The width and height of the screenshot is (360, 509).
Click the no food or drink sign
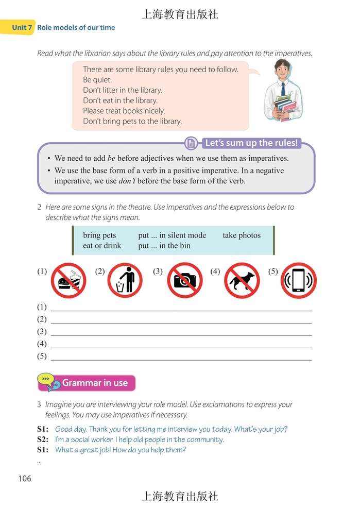[68, 281]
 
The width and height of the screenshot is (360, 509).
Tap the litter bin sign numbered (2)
[125, 281]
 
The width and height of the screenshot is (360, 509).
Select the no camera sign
[184, 281]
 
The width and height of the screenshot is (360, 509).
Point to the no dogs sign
[242, 281]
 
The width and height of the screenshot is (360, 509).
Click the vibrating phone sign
[299, 281]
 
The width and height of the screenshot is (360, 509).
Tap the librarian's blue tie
[283, 88]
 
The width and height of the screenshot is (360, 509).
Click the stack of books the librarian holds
[285, 107]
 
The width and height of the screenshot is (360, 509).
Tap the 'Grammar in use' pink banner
[94, 383]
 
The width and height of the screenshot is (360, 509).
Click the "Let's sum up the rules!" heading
[251, 143]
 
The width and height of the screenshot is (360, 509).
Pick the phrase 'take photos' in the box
[242, 235]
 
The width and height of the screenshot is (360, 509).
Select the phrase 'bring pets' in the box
[99, 235]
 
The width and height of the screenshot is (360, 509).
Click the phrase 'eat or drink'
[102, 246]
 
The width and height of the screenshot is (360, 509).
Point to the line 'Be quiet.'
[97, 80]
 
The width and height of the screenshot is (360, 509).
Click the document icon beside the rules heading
[191, 143]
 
